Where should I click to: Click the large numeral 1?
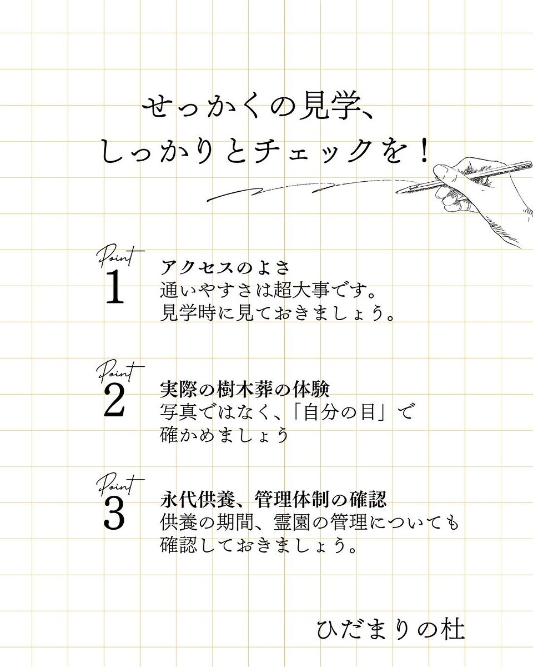(114, 286)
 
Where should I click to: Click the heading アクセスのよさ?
(225, 267)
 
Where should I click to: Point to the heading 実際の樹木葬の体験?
(245, 389)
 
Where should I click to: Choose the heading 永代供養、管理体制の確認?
(274, 499)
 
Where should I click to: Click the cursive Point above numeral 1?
(120, 257)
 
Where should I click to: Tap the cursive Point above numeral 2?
(120, 372)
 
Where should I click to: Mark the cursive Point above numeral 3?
(120, 485)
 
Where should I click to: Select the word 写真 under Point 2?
(179, 412)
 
